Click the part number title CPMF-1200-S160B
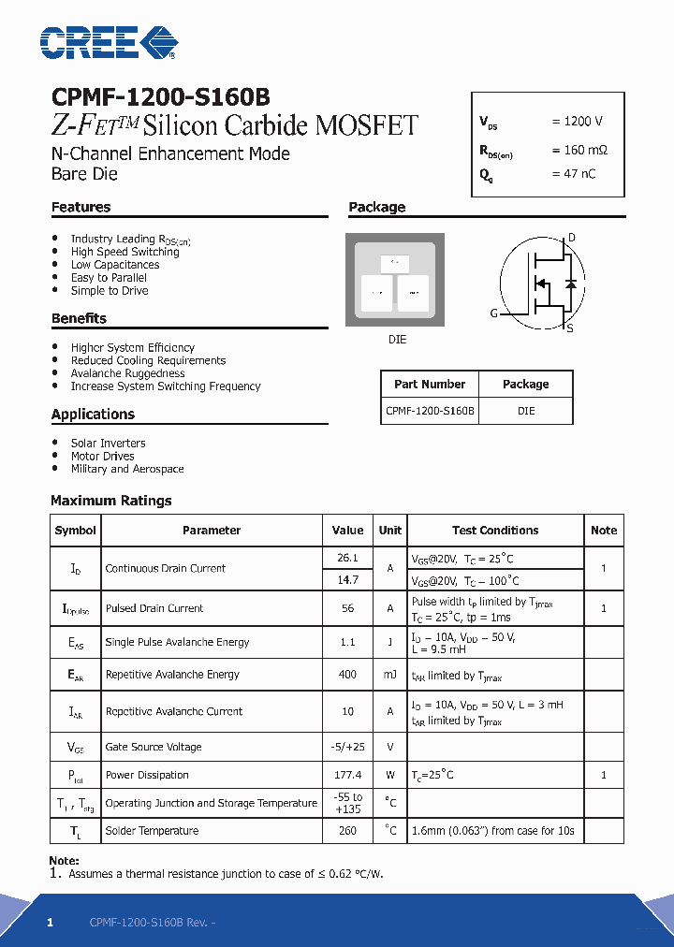tap(160, 97)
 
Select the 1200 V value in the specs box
tap(577, 122)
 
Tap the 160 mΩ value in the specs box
tap(579, 150)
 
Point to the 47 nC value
tap(573, 174)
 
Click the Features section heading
tap(81, 208)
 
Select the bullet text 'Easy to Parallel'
tap(109, 278)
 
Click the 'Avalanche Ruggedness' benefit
tap(127, 373)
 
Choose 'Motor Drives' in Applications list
tap(103, 457)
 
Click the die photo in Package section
tap(397, 280)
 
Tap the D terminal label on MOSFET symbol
tap(572, 238)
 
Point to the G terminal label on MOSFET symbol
tap(493, 313)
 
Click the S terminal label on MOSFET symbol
tap(570, 328)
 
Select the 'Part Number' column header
tap(430, 385)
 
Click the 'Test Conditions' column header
tap(495, 531)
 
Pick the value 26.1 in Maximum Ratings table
tap(347, 558)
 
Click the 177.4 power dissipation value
tap(347, 776)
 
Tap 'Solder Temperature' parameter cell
tap(152, 831)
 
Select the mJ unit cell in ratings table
tap(389, 675)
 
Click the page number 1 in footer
tap(51, 923)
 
